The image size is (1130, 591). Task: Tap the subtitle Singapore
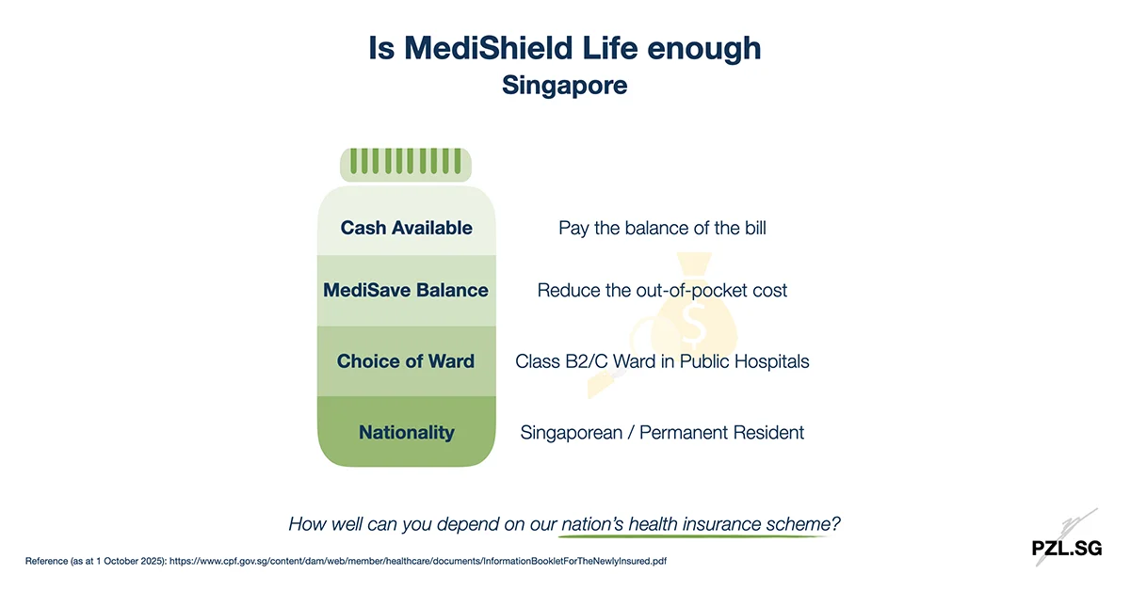pyautogui.click(x=565, y=85)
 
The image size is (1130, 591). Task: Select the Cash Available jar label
pyautogui.click(x=406, y=229)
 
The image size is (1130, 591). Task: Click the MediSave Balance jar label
pyautogui.click(x=406, y=290)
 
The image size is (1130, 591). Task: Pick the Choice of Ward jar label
pyautogui.click(x=406, y=361)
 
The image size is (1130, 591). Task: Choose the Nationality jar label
pyautogui.click(x=406, y=433)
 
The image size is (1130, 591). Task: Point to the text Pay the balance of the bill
pyautogui.click(x=662, y=229)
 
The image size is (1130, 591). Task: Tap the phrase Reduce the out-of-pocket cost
pyautogui.click(x=662, y=290)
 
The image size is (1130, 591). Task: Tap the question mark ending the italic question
pyautogui.click(x=836, y=524)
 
